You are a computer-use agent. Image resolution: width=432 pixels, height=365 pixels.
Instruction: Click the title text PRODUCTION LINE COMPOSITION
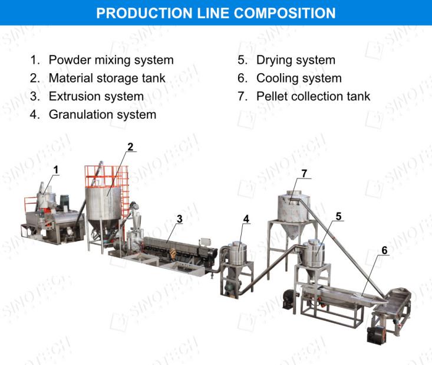(x=216, y=12)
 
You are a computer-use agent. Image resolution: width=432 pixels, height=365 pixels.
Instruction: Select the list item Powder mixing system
(x=111, y=60)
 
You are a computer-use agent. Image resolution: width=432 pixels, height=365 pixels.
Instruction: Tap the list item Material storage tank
(x=107, y=78)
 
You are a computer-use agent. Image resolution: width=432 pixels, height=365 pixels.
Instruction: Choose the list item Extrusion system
(x=96, y=96)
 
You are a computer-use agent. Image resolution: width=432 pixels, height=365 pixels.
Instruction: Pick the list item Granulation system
(x=102, y=115)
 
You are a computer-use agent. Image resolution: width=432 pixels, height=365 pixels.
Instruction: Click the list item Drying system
(x=295, y=60)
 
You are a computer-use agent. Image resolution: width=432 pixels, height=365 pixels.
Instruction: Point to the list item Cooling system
(x=299, y=78)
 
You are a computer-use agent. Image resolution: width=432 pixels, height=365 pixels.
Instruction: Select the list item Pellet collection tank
(x=313, y=96)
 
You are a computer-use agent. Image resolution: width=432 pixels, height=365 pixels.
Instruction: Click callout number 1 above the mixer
(x=56, y=170)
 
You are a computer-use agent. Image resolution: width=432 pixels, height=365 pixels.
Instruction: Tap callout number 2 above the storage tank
(x=130, y=146)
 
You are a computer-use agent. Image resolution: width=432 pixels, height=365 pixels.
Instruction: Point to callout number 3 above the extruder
(x=180, y=219)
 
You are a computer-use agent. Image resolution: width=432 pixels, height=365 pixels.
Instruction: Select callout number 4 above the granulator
(x=246, y=219)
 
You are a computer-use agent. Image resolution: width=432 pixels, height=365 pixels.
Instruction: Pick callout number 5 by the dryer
(x=338, y=216)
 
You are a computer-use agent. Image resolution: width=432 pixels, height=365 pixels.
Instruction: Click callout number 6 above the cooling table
(x=384, y=250)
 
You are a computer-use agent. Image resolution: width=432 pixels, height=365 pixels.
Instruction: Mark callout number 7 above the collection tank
(x=304, y=173)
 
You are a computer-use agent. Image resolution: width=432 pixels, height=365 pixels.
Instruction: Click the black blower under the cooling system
(x=375, y=334)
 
